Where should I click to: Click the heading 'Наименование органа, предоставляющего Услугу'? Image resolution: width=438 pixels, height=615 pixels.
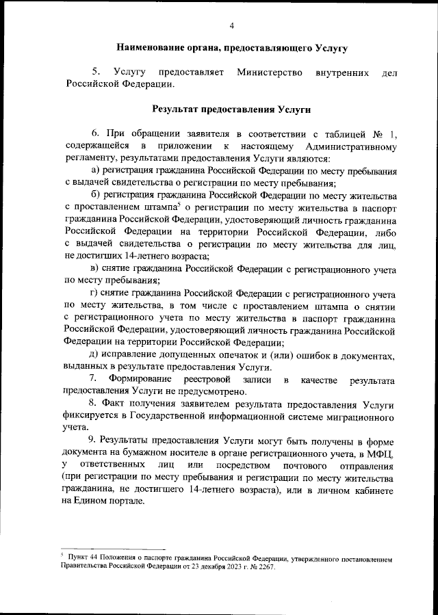click(x=231, y=49)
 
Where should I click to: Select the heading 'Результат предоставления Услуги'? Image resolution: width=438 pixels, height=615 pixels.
click(x=231, y=108)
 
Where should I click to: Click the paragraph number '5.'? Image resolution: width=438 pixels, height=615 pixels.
click(x=97, y=72)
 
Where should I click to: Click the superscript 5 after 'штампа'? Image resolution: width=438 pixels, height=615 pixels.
click(x=178, y=205)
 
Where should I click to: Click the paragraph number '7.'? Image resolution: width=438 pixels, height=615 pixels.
click(x=95, y=380)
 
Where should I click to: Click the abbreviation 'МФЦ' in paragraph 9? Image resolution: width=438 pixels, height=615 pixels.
click(x=382, y=454)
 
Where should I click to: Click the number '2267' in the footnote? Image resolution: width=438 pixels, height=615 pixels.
click(x=262, y=567)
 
